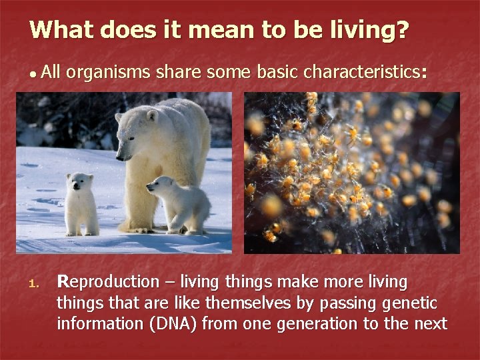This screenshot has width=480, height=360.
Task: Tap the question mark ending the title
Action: pyautogui.click(x=402, y=30)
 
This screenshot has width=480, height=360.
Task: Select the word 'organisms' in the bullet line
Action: pyautogui.click(x=109, y=73)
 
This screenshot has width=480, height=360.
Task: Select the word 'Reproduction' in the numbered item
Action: pyautogui.click(x=107, y=283)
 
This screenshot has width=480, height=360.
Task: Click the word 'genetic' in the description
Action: pyautogui.click(x=411, y=303)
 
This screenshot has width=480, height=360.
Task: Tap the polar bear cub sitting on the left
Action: pyautogui.click(x=81, y=203)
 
